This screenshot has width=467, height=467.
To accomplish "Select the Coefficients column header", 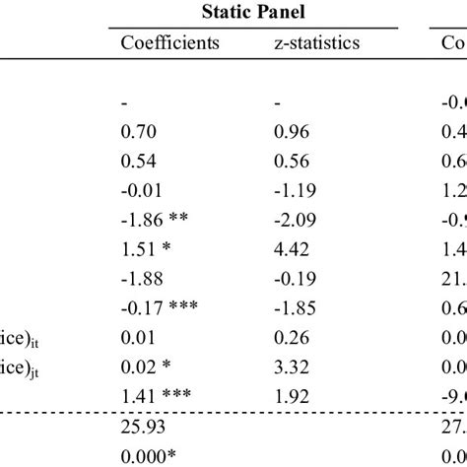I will coord(169,43).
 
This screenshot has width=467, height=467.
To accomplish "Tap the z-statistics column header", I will coord(315,43).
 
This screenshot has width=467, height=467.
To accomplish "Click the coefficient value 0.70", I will coord(138,130).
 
